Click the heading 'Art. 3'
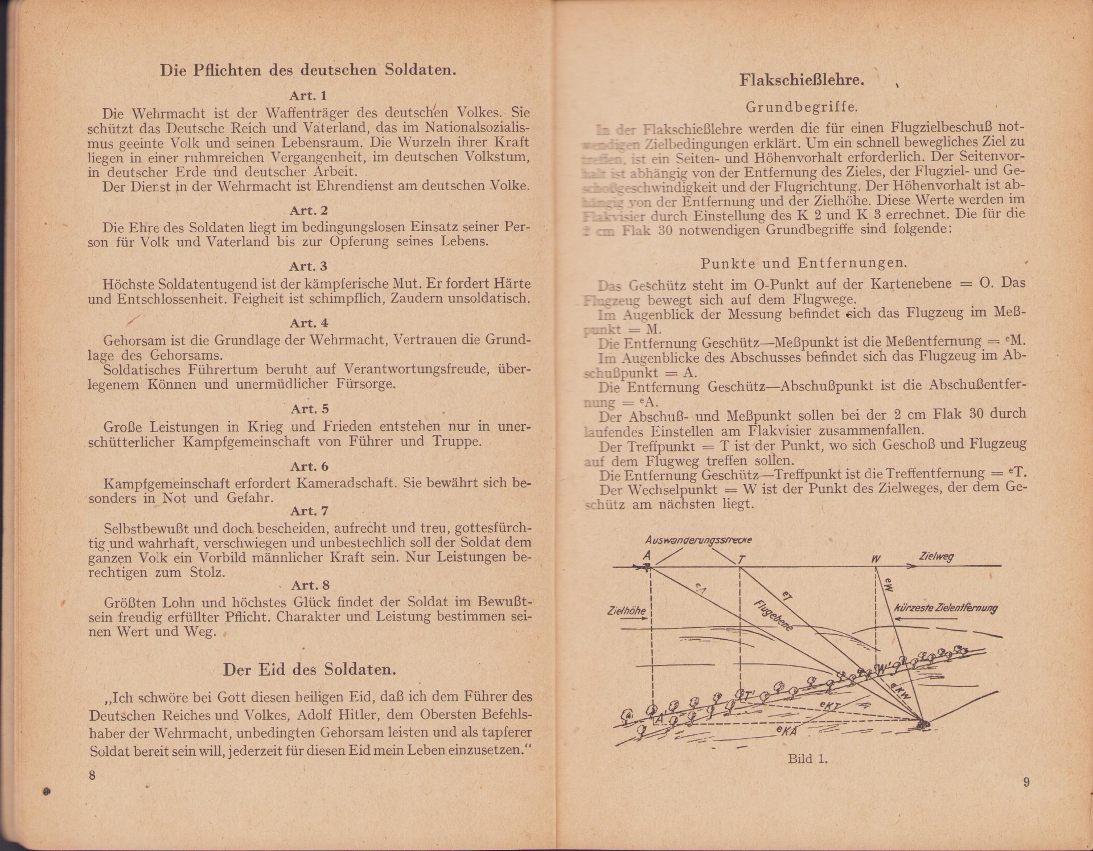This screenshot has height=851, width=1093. (x=308, y=266)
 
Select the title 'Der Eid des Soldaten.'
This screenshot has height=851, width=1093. (x=309, y=669)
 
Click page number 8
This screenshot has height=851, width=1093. (x=92, y=775)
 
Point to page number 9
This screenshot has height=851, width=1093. (x=1026, y=782)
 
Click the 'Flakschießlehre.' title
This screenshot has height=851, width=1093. (x=802, y=80)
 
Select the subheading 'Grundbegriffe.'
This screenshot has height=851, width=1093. (x=802, y=107)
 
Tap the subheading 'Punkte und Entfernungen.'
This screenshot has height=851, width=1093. (x=804, y=264)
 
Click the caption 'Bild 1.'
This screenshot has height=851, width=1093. (x=807, y=759)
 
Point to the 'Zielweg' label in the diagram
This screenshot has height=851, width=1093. (x=936, y=557)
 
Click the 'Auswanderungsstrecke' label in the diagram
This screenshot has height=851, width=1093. (x=698, y=540)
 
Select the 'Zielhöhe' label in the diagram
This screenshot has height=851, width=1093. (x=626, y=611)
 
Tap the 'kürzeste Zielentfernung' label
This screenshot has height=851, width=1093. (x=946, y=607)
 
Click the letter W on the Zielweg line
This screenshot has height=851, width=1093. (x=875, y=559)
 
